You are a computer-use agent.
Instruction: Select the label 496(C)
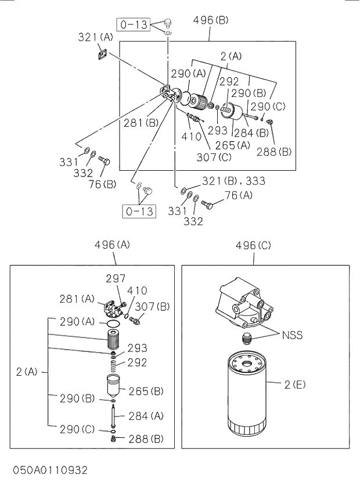pyautogui.click(x=253, y=246)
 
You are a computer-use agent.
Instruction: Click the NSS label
pyautogui.click(x=292, y=335)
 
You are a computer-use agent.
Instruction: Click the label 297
pyautogui.click(x=116, y=279)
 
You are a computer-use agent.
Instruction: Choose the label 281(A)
pyautogui.click(x=77, y=299)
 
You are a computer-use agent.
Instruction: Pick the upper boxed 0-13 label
pyautogui.click(x=135, y=24)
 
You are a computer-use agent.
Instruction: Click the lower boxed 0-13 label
pyautogui.click(x=139, y=211)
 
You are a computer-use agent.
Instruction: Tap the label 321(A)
pyautogui.click(x=95, y=38)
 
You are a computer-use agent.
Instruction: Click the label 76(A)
pyautogui.click(x=238, y=195)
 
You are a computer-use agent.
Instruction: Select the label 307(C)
pyautogui.click(x=214, y=157)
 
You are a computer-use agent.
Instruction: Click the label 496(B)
pyautogui.click(x=211, y=20)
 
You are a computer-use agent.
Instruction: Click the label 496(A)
pyautogui.click(x=112, y=245)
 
